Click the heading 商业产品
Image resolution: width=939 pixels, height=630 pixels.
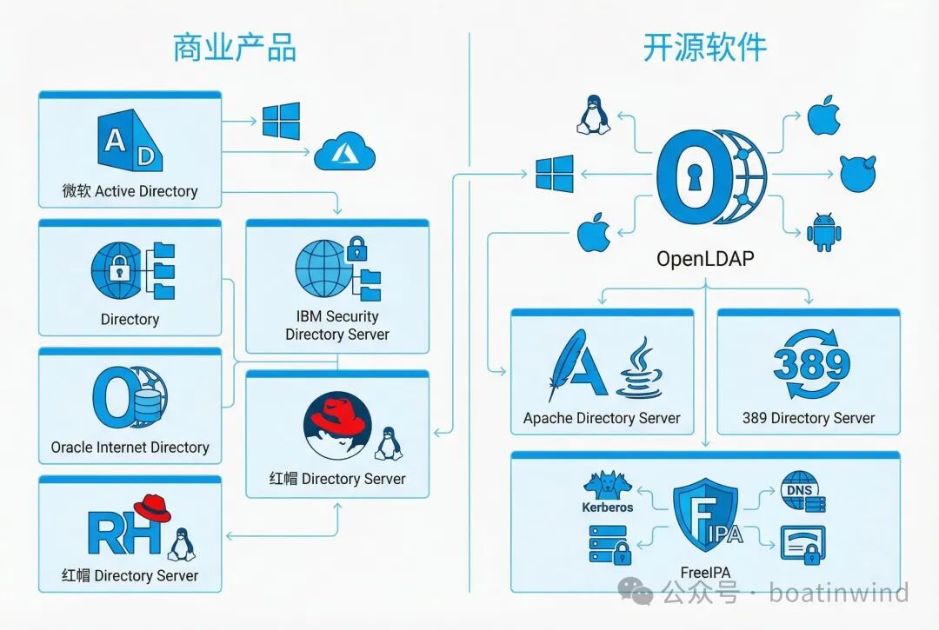pos(235,49)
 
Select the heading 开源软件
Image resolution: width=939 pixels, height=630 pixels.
pos(704,49)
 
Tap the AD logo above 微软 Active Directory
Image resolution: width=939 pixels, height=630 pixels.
pos(130,142)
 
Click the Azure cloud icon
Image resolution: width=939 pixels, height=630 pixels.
pos(344,153)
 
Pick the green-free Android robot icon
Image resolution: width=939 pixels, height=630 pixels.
pos(823,233)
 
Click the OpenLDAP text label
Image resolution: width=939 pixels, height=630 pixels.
pos(704,259)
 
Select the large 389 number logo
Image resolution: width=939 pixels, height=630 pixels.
pos(810,364)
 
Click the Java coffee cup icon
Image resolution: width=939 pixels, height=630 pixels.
pos(640,369)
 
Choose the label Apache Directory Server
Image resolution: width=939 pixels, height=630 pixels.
pos(602,418)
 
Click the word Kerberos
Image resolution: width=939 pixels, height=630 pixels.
pos(608,507)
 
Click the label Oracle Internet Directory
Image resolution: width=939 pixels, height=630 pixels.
pos(130,448)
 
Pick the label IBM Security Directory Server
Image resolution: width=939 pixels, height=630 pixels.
pos(337,325)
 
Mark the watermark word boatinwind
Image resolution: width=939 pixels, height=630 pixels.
pos(838,593)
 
